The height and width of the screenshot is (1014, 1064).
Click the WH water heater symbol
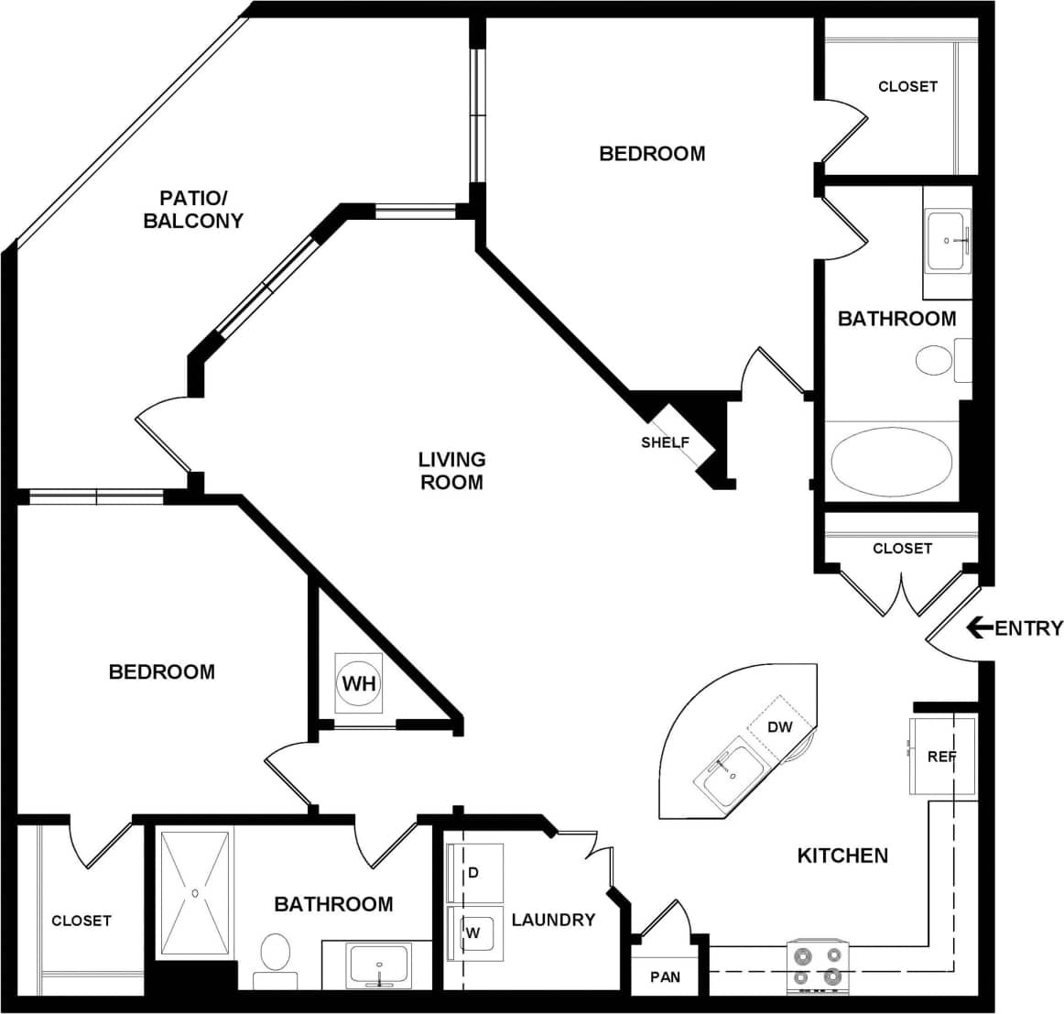click(358, 683)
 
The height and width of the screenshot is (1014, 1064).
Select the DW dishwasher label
click(779, 727)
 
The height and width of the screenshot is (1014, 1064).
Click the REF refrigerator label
click(941, 757)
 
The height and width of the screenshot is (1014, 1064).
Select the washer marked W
click(474, 932)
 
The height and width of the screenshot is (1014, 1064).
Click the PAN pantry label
click(665, 976)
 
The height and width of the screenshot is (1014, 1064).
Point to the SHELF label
click(665, 442)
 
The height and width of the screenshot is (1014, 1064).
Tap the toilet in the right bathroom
click(934, 359)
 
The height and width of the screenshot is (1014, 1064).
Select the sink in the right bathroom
click(947, 241)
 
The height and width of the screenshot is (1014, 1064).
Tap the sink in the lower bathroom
click(378, 965)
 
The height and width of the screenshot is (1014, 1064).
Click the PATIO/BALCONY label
click(193, 209)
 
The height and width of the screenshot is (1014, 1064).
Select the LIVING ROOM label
click(451, 470)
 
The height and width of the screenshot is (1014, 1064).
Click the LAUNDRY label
click(553, 920)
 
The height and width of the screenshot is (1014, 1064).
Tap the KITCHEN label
click(842, 856)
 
